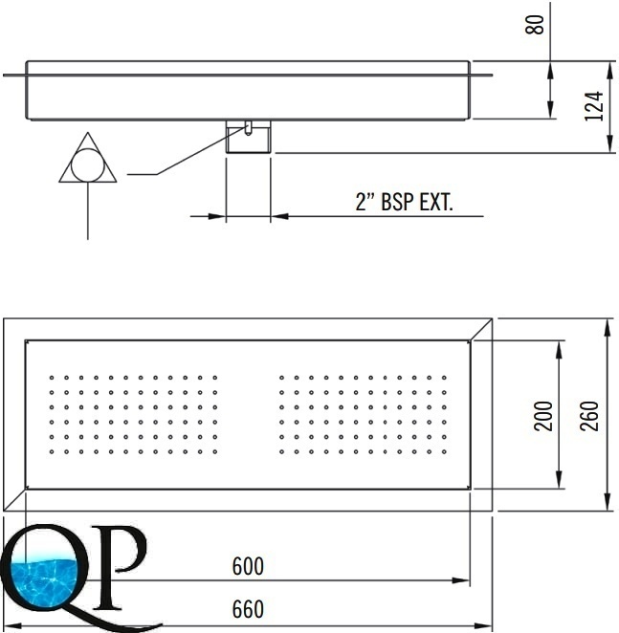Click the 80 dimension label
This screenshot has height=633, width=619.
click(534, 25)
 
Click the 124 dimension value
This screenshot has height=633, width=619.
click(594, 106)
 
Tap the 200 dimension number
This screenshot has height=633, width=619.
click(543, 416)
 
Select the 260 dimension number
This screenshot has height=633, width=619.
click(588, 416)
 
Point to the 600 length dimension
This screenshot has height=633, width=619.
click(248, 566)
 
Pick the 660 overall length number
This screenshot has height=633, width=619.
click(248, 609)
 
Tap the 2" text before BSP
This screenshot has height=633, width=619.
click(365, 202)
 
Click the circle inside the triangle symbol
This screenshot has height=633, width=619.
click(88, 164)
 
